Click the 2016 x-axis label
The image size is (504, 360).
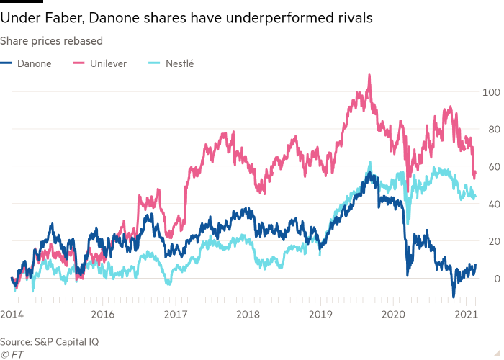pos(103,314)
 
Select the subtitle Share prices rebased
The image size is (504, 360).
pos(51,41)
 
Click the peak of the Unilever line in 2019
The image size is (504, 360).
pos(369,74)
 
